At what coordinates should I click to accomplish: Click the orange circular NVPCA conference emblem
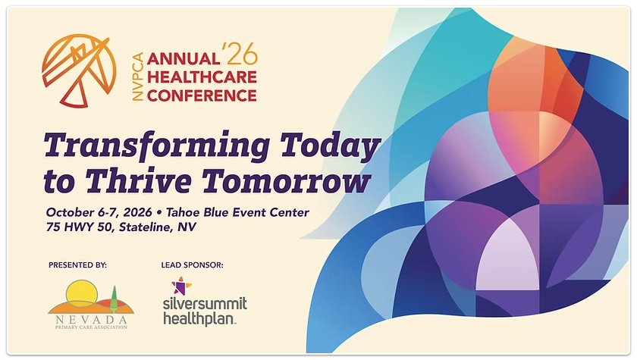point(79,70)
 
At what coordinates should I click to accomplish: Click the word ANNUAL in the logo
point(183,59)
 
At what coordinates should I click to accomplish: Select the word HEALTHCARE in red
point(202,77)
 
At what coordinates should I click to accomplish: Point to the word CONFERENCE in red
point(202,95)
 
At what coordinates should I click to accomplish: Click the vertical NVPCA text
point(138,77)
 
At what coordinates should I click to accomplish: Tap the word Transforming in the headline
point(157,146)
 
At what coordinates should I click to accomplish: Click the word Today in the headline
point(330,146)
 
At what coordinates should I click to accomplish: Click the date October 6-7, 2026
point(99,212)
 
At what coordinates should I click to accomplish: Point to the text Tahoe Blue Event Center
point(237,212)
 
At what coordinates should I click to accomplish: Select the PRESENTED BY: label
point(77,265)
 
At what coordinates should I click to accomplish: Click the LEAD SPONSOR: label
point(192,265)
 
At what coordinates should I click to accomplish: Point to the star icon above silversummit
point(181,286)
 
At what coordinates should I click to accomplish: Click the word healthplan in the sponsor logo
point(199,318)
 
